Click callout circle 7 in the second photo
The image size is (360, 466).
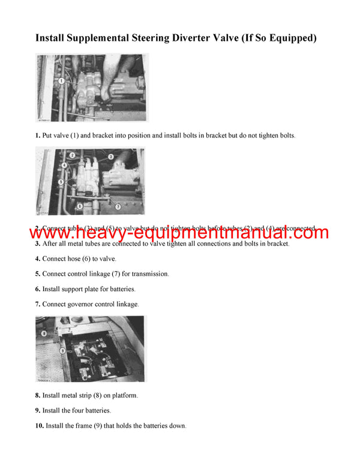tap(118, 206)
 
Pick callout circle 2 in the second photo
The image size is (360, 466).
tap(71, 154)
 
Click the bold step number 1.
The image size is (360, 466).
tap(38, 136)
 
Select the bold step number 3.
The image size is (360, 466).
tap(38, 244)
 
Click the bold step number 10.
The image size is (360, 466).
tap(40, 426)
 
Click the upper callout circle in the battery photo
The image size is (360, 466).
tap(44, 332)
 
